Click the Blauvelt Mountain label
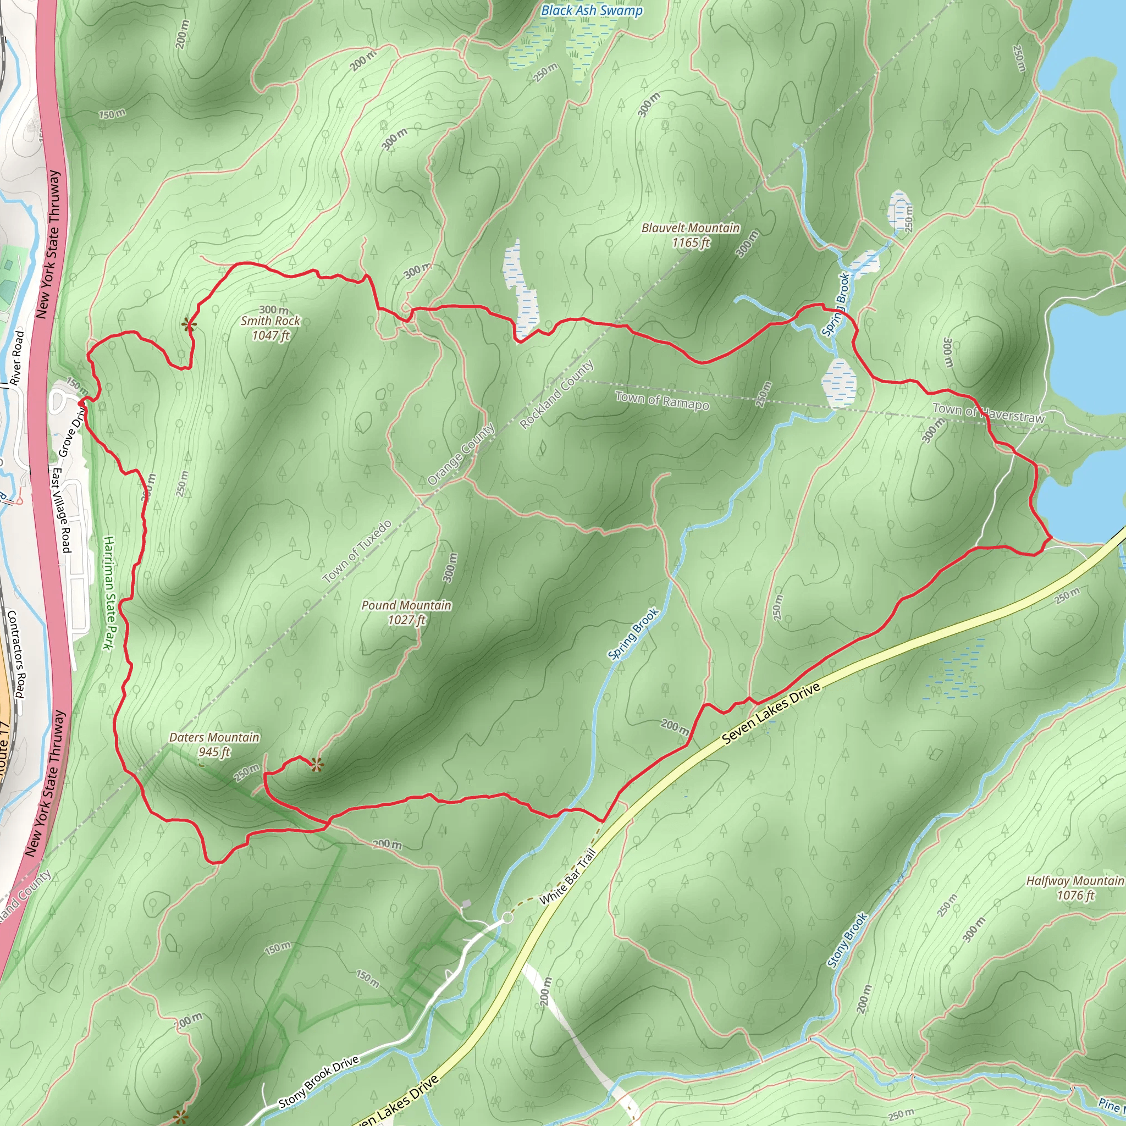[x=691, y=235]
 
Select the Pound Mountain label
[x=406, y=612]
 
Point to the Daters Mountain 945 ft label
[x=214, y=744]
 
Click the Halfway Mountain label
[x=1075, y=887]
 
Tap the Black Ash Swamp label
[x=592, y=10]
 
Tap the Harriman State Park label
[x=108, y=593]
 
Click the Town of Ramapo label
[x=662, y=401]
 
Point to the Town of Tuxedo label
[x=357, y=551]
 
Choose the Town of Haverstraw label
[x=989, y=413]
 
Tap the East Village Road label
[x=62, y=510]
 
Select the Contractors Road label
[x=16, y=654]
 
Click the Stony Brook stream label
[x=847, y=940]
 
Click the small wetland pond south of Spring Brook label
[x=839, y=382]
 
